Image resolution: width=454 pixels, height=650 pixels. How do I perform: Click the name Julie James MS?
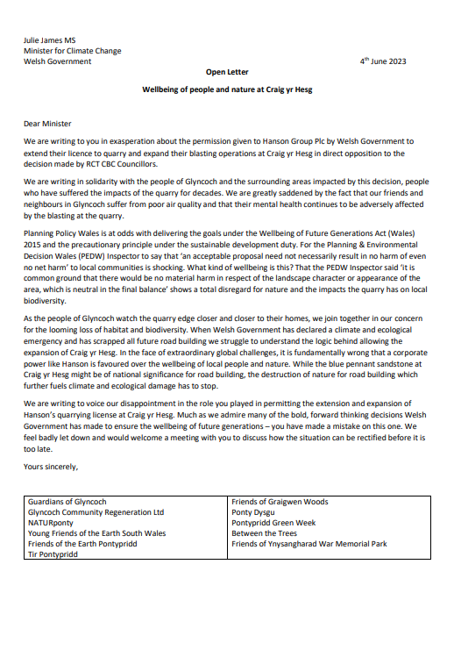(x=51, y=40)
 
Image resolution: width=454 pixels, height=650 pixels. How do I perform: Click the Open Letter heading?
(x=226, y=75)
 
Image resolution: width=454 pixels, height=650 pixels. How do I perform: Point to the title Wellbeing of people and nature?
(x=227, y=90)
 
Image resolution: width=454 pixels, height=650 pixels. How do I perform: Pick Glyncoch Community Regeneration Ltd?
(x=96, y=513)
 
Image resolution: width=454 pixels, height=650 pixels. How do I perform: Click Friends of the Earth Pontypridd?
(x=86, y=545)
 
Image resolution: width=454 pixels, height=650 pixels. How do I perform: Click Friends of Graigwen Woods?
(x=280, y=503)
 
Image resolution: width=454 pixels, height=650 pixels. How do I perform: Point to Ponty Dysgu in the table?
(x=254, y=513)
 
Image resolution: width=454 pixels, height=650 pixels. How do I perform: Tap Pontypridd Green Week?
(x=273, y=524)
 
